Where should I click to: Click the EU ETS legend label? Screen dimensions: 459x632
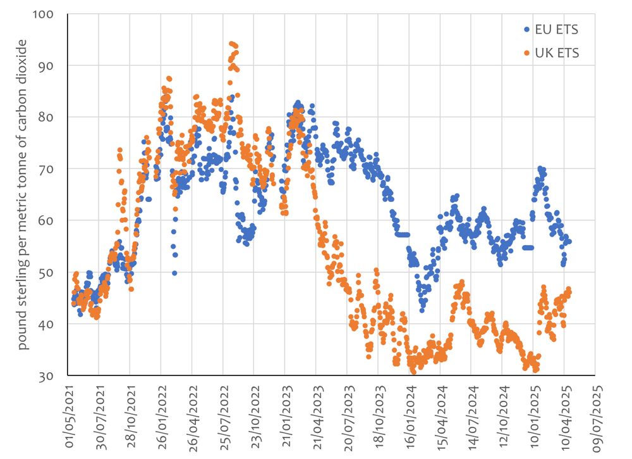556,29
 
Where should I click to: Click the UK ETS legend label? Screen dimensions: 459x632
556,53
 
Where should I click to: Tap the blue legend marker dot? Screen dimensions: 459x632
527,29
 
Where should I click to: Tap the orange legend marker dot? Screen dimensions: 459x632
527,53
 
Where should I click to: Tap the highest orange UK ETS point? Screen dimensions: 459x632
231,43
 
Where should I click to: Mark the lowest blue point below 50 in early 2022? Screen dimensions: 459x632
174,273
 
